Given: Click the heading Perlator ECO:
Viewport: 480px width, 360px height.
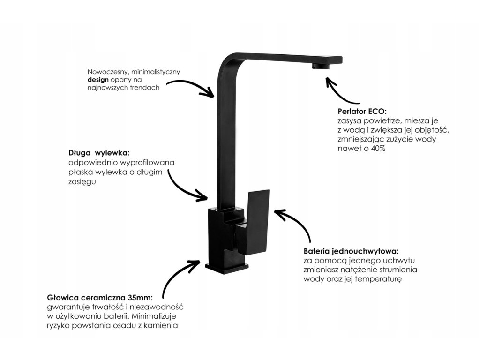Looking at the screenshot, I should pyautogui.click(x=361, y=112).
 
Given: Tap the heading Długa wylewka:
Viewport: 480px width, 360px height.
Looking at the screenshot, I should pyautogui.click(x=98, y=153).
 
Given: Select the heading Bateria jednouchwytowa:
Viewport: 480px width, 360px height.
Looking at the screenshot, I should pyautogui.click(x=351, y=251).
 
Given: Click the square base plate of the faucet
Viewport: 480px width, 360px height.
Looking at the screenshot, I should pyautogui.click(x=228, y=268).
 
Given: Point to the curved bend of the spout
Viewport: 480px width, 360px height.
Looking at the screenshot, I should pyautogui.click(x=225, y=63).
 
